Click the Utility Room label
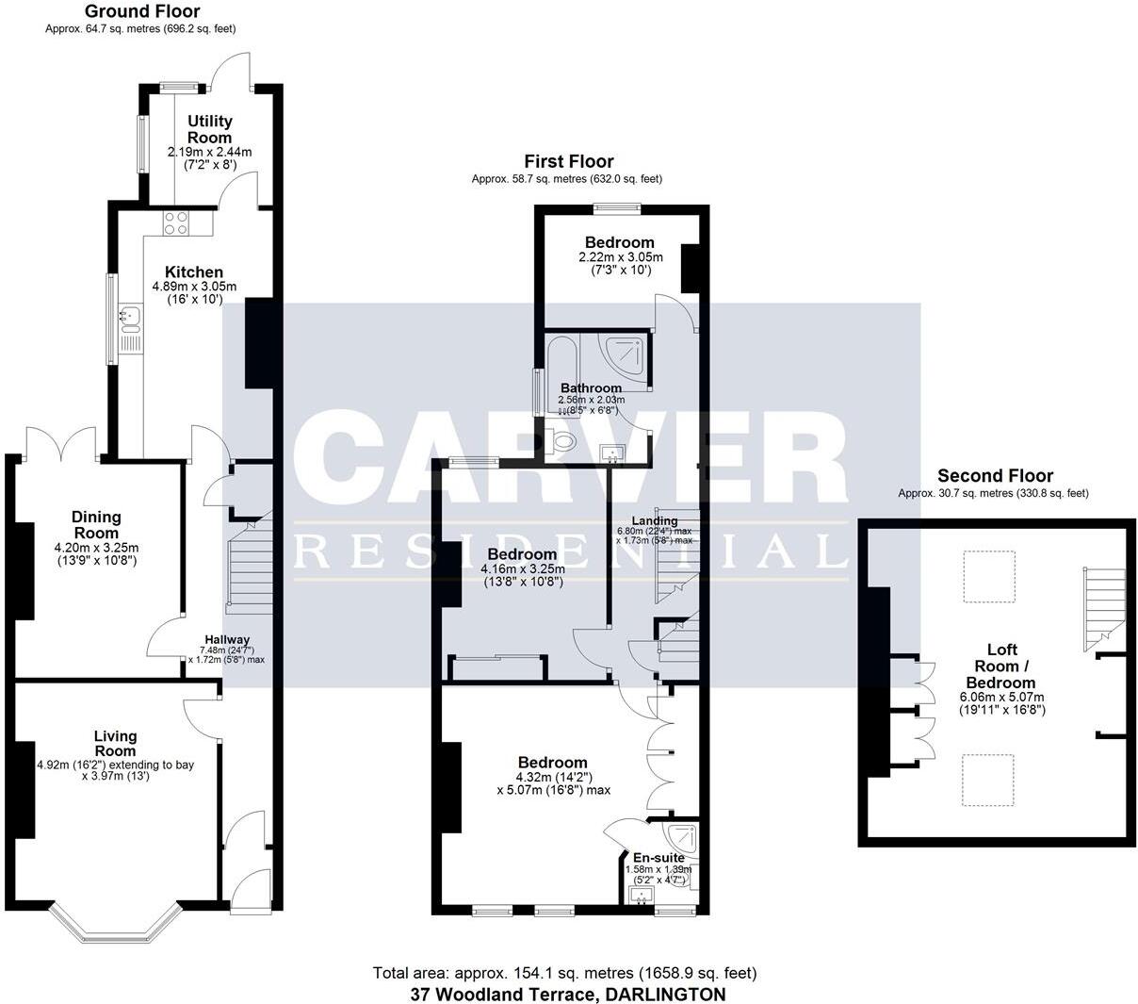click(x=209, y=129)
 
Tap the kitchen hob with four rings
click(x=175, y=222)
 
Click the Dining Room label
click(x=96, y=524)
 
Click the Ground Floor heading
click(x=141, y=12)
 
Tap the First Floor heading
click(x=568, y=162)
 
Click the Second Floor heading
click(x=995, y=476)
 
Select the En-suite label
click(x=658, y=857)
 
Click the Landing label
click(x=654, y=520)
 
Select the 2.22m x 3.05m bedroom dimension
click(x=620, y=257)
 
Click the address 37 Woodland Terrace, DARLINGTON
click(x=568, y=994)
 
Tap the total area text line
click(x=564, y=973)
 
